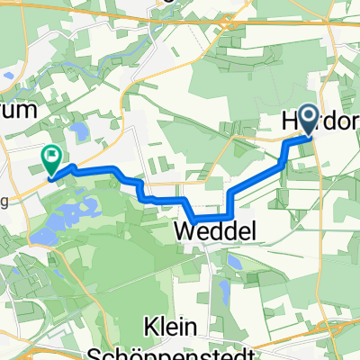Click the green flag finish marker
point(51,157)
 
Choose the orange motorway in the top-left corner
point(36,9)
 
